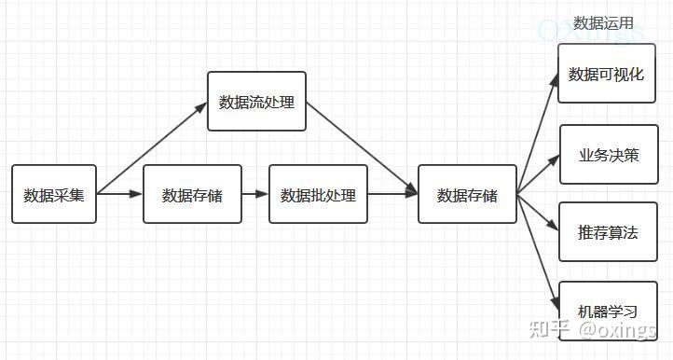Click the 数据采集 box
coord(54,195)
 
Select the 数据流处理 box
coord(256,102)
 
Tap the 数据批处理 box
coord(318,195)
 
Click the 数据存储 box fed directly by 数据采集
coord(192,195)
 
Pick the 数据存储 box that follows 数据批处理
coord(467,195)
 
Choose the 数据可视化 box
coord(606,74)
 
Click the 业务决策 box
coord(609,155)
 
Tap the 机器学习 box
coord(609,311)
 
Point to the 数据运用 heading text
coord(603,23)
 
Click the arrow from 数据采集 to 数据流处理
coord(152,149)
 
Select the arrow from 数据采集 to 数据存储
coord(119,195)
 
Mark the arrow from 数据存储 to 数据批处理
coord(254,195)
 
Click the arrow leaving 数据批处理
coord(391,195)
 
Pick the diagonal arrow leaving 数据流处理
coord(362,146)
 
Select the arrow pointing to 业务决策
coord(539,174)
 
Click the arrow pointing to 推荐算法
coord(539,212)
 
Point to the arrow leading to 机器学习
coord(539,252)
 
